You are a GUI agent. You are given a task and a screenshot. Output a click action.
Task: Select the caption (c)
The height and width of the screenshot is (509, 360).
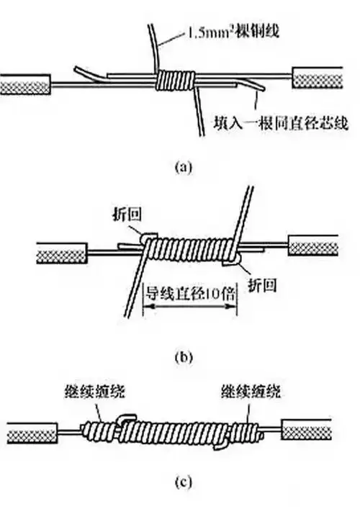pyautogui.click(x=183, y=484)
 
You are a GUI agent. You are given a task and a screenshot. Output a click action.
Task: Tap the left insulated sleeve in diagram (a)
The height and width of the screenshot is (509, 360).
pyautogui.click(x=26, y=84)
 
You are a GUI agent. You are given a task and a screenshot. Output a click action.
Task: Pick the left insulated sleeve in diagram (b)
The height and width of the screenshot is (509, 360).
pyautogui.click(x=60, y=252)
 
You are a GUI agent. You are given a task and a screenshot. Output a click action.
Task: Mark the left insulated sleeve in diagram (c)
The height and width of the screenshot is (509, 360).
pyautogui.click(x=30, y=433)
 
